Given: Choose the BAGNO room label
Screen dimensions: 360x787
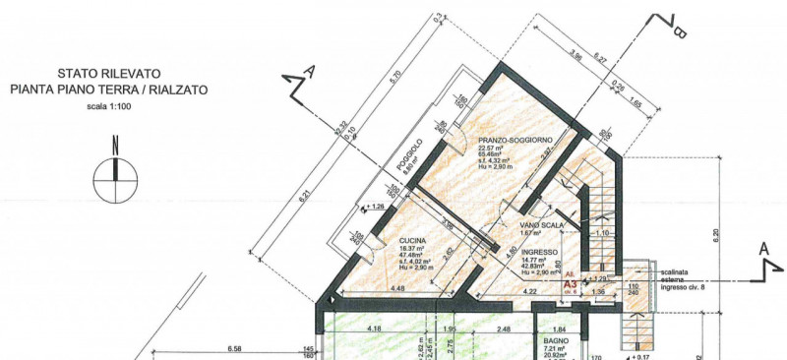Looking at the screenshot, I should [557, 340].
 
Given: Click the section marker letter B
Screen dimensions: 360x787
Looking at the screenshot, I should [679, 32].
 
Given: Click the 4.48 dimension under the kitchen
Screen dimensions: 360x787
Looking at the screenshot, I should [397, 288].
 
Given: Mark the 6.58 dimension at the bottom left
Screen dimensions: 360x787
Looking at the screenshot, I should [233, 348].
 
